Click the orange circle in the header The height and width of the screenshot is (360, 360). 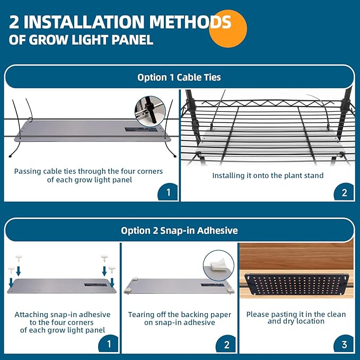[x=228, y=29]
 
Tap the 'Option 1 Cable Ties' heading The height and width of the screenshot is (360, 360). [x=179, y=77]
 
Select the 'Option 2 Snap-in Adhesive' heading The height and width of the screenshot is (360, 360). [x=179, y=231]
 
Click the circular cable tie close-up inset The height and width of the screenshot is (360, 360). [x=150, y=111]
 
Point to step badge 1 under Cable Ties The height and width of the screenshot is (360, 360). [x=168, y=192]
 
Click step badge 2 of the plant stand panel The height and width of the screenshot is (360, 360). [x=344, y=192]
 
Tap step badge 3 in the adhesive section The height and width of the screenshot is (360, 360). [x=344, y=345]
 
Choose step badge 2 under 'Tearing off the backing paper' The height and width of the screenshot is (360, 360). [x=226, y=345]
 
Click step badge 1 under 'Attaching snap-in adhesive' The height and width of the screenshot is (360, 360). [x=108, y=345]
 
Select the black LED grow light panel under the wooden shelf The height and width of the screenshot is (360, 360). [x=296, y=284]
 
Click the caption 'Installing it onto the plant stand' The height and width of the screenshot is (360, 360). [x=268, y=175]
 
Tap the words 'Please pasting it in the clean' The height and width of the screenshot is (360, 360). [x=296, y=314]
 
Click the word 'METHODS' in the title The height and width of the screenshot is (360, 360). [x=190, y=22]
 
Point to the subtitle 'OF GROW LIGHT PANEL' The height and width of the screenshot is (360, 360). [x=81, y=40]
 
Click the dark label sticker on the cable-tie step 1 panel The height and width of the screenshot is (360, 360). [x=141, y=129]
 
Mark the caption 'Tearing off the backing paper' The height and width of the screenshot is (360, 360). [x=180, y=314]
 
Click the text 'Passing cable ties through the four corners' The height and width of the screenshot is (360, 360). [x=89, y=171]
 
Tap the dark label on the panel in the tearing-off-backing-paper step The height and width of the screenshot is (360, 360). [x=213, y=285]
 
